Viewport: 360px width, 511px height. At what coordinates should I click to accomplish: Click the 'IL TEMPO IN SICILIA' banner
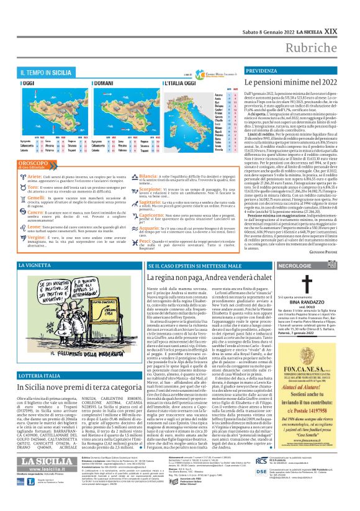[x=49, y=73]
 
